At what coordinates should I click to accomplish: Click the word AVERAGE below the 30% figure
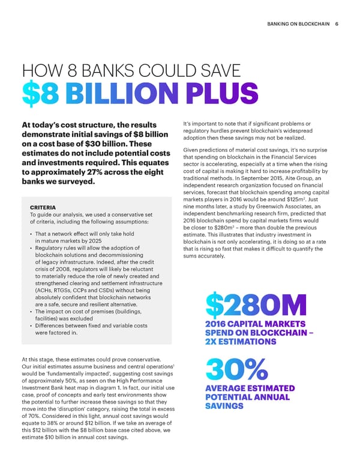[x=227, y=388]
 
